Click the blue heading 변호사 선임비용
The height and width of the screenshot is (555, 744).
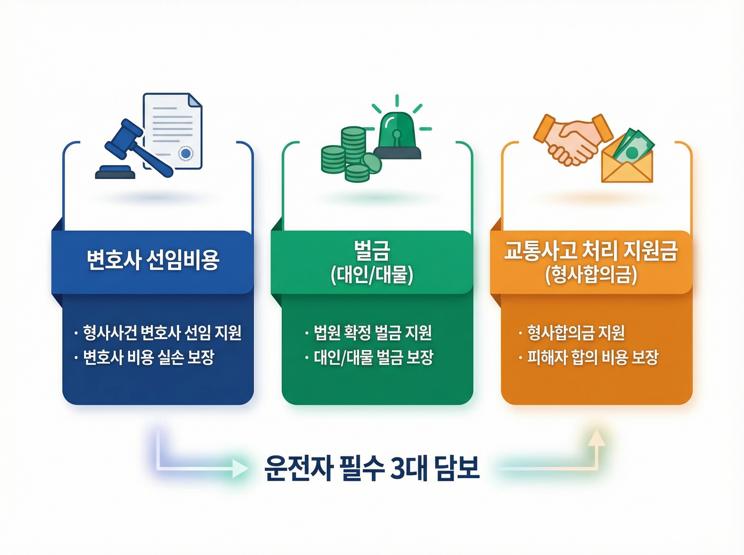pos(153,260)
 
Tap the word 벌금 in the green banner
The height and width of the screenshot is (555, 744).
pos(372,251)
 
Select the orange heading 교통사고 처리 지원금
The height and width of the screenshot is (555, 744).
pos(591,251)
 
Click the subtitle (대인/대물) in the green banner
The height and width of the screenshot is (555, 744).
pos(372,275)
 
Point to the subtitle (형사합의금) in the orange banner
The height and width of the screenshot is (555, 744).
pos(591,275)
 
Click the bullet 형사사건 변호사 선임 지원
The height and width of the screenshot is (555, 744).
pos(162,333)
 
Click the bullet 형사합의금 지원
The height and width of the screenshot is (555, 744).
pos(576,333)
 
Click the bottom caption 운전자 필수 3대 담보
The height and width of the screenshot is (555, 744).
pos(371,468)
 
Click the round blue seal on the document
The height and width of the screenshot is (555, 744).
pos(186,154)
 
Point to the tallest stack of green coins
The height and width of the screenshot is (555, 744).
pos(353,144)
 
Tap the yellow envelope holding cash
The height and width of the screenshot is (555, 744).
pos(627,168)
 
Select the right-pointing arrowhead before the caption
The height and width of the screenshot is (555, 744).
pos(240,468)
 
